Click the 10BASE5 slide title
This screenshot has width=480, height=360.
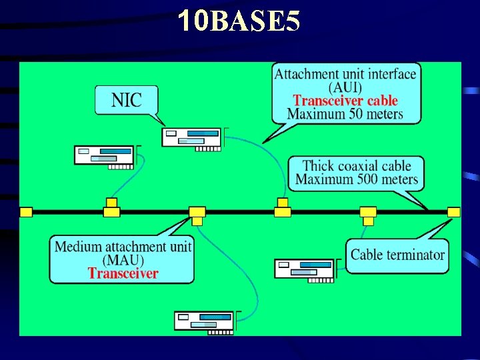point(239,21)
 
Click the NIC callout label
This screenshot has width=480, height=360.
point(127,100)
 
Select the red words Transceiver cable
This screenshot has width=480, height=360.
point(345,101)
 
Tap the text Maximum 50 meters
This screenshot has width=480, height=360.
point(345,114)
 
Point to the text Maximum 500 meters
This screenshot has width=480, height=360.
point(357,179)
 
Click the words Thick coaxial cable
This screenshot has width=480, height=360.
point(357,165)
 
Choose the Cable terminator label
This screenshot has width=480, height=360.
point(397,255)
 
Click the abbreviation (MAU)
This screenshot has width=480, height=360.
point(123,260)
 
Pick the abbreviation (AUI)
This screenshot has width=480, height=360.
point(345,87)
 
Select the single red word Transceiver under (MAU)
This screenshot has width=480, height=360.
point(123,273)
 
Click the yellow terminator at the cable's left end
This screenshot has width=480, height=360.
point(25,212)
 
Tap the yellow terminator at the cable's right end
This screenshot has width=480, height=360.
point(453,212)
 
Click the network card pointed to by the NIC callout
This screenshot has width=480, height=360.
point(192,137)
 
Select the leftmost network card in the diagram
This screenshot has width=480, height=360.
point(104,155)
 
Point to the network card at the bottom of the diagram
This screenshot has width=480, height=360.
point(204,321)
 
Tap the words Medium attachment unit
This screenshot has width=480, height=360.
point(123,247)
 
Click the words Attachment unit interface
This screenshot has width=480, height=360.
point(345,74)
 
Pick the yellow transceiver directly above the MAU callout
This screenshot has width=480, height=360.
point(197,212)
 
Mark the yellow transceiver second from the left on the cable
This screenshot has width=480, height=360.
point(111,209)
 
